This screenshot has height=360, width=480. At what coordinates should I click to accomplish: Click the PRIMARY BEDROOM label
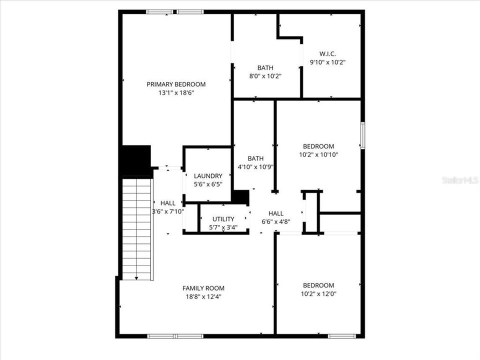pos(176,84)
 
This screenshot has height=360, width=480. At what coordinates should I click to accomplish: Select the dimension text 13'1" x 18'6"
pos(176,92)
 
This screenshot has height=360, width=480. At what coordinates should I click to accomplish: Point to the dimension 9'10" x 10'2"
pos(328,62)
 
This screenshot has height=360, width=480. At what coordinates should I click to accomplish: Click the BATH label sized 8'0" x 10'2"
pos(265,67)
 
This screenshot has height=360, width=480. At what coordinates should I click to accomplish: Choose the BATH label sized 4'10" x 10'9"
pos(255,158)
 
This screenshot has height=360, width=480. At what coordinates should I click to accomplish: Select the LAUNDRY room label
pos(208,175)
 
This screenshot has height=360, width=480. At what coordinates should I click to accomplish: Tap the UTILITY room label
pos(223,219)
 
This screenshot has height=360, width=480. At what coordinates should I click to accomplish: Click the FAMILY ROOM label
pos(203,288)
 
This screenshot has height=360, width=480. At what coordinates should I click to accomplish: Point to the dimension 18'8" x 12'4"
pos(203,296)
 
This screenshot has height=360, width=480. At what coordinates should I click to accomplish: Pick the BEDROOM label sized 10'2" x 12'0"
pos(318,285)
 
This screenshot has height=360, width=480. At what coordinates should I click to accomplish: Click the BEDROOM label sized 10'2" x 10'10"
pos(318,146)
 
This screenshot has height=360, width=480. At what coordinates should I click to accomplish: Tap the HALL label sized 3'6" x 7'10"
pos(168,203)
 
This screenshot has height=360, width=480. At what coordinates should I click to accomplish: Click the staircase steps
pos(137,225)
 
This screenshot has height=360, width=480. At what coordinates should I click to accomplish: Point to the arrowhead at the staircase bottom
pos(137,277)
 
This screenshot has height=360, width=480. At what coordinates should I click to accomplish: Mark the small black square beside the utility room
pos(240,197)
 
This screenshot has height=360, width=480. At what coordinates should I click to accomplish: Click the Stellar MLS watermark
pos(460,180)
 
